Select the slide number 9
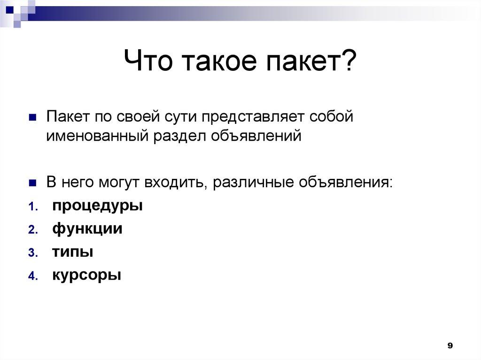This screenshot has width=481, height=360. coord(450,346)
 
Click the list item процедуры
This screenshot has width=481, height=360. coord(97,206)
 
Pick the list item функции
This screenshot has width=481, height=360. coord(87,229)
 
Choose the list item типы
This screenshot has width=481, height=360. coord(72,252)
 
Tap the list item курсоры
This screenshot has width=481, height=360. coord(86,275)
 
